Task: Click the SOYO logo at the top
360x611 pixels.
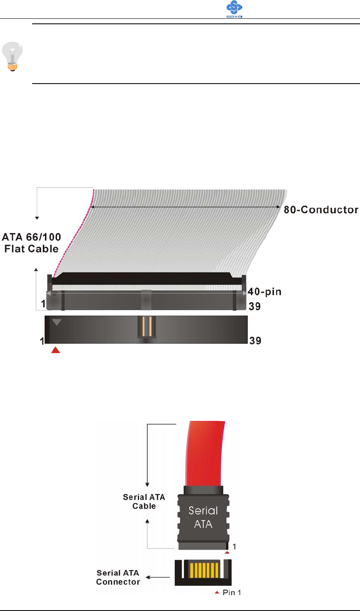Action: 234,9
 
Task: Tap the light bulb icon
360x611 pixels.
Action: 13,56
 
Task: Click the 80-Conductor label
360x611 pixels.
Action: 321,210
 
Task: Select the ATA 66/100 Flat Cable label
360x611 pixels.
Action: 31,243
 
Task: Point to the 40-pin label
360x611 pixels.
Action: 264,292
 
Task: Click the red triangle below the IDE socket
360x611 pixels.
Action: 56,350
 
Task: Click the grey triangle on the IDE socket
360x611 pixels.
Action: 57,322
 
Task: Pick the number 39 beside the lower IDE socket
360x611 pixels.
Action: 255,341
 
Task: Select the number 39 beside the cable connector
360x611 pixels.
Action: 255,306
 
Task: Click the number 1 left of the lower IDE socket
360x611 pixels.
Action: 42,341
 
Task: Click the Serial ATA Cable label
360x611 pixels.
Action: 144,502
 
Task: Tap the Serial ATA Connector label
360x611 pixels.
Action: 118,577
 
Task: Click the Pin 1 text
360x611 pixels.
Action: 232,592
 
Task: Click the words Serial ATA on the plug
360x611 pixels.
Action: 203,517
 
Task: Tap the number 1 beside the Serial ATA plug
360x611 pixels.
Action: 234,546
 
